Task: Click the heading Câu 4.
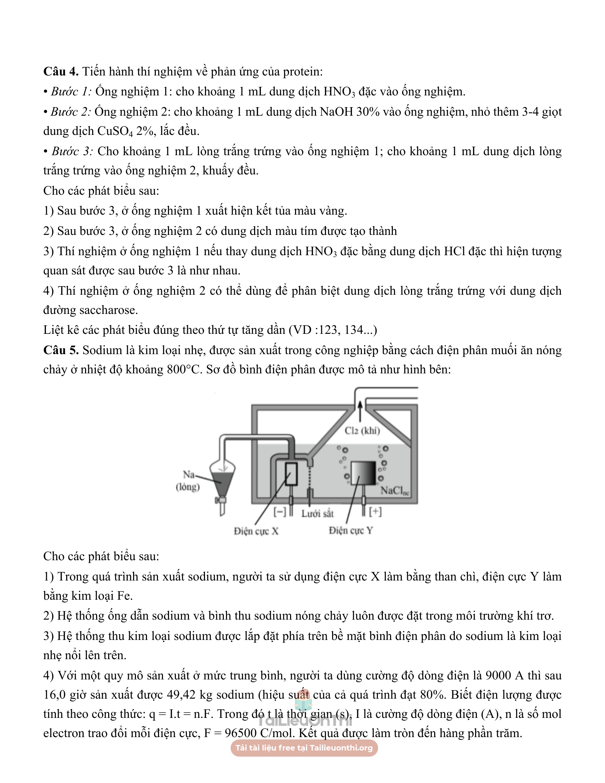60,71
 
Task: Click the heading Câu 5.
60,350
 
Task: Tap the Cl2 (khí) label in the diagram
362,431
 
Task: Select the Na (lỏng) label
188,481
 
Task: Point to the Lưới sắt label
317,514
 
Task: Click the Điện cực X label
256,531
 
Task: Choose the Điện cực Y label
351,530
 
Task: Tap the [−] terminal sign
280,512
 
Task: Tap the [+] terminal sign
375,511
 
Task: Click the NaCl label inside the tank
394,490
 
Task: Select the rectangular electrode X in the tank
291,474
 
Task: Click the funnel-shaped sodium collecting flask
222,477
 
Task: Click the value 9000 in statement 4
498,676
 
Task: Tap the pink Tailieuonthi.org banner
304,748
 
